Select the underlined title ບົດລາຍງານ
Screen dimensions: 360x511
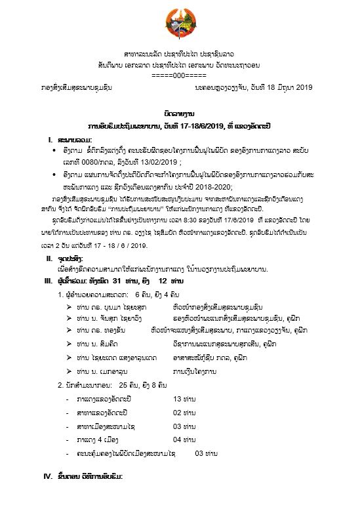(179, 113)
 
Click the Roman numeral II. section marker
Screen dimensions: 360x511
(49, 258)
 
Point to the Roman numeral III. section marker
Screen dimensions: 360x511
(50, 280)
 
